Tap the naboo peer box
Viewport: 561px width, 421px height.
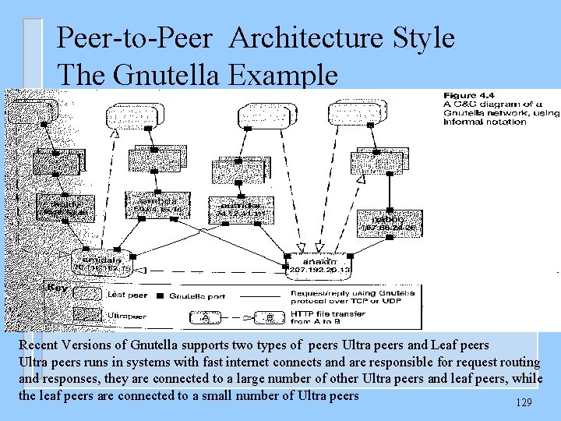tap(390, 223)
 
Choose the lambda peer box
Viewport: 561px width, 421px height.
tap(155, 204)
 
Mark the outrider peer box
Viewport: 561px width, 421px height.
tap(238, 207)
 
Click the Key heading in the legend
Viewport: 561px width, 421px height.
tap(57, 288)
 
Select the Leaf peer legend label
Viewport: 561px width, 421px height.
tap(125, 294)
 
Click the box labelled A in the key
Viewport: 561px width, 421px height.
tap(205, 317)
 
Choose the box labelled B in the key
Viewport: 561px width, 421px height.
tap(268, 317)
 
